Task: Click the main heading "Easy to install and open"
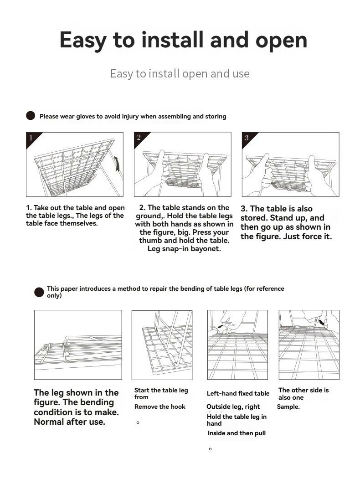[183, 40]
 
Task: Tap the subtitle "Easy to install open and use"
[180, 73]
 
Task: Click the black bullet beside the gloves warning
[31, 116]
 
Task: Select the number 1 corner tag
[31, 138]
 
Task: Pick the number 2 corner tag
[139, 138]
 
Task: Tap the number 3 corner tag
[247, 138]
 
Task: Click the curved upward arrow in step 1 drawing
[118, 164]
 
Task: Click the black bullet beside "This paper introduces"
[39, 292]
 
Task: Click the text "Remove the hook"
[159, 407]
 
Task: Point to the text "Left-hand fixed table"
[238, 393]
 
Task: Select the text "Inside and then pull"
[237, 433]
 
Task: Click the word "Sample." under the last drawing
[288, 407]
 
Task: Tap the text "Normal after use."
[69, 422]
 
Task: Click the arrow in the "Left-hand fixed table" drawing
[221, 327]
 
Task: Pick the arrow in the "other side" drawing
[323, 322]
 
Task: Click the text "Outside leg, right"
[233, 407]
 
